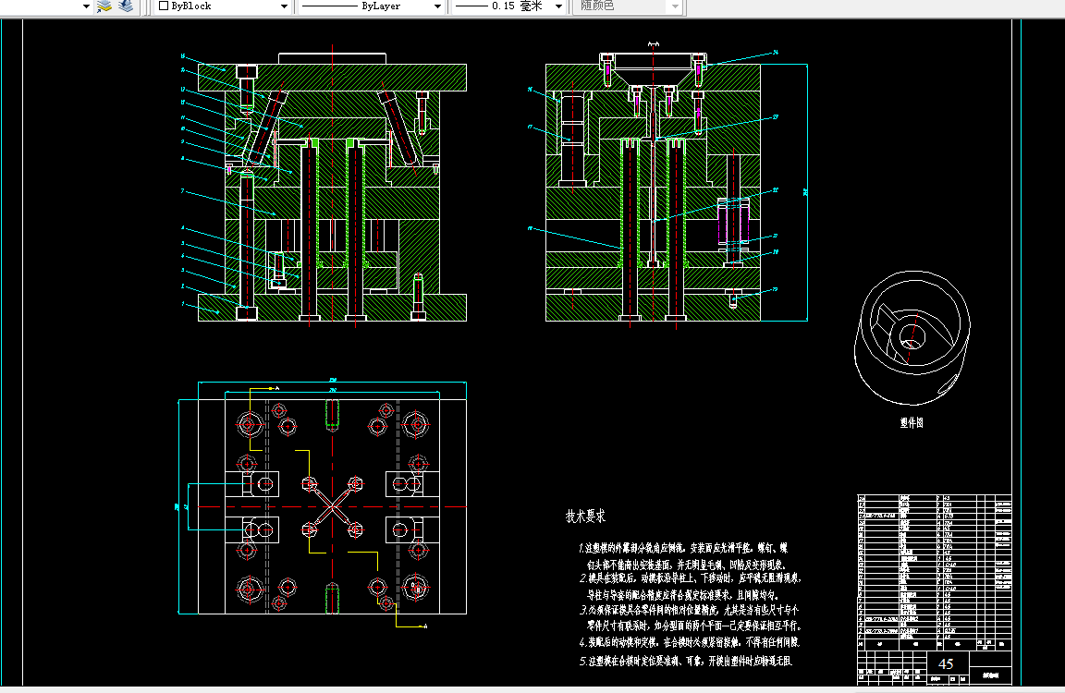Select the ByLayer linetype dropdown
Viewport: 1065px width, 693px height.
(371, 6)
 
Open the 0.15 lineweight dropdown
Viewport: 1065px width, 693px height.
(509, 6)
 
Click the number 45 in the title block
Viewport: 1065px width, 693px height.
(946, 664)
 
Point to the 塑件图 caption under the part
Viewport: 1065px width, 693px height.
(912, 423)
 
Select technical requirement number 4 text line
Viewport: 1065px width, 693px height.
(689, 641)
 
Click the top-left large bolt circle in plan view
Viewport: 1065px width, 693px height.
(248, 424)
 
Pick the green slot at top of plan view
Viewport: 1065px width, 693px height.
(331, 417)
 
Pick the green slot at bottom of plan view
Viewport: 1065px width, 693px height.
(331, 598)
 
